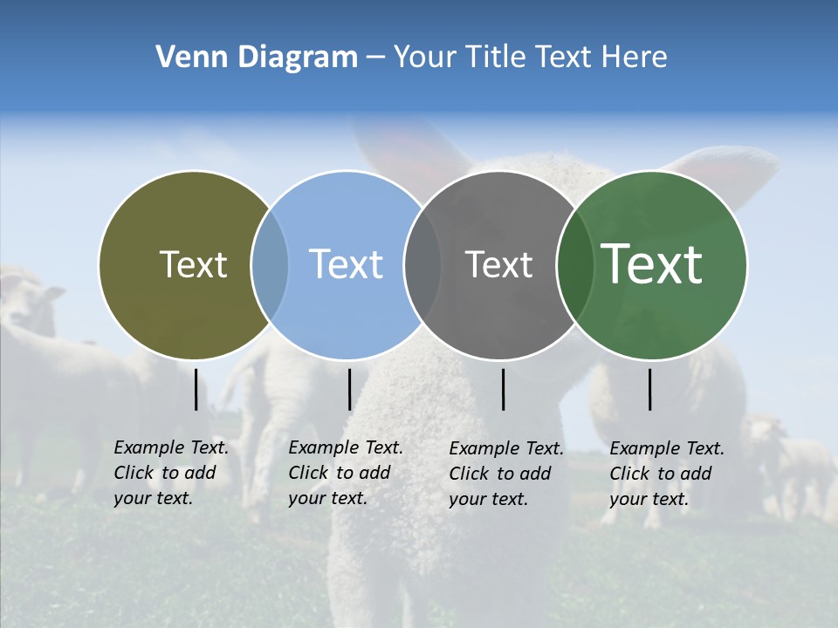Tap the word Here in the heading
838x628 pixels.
coord(634,58)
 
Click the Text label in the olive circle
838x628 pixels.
coord(193,264)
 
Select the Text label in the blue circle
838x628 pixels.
coord(346,264)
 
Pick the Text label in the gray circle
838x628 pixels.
coord(498,264)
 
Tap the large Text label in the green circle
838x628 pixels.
coord(651,264)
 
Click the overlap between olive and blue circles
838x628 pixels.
coord(270,265)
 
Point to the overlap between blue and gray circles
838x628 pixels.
coord(422,265)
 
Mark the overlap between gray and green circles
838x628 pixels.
coord(574,265)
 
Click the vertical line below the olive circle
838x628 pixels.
coord(196,389)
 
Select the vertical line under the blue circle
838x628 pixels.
coord(349,389)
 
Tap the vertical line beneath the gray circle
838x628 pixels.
coord(503,389)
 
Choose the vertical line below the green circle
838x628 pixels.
coord(650,389)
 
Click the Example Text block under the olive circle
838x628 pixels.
coord(170,473)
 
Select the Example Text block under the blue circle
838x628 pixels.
coord(345,473)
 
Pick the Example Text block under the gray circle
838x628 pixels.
coord(505,474)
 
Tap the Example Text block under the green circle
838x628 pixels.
coord(666,474)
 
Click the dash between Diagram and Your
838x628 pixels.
coord(375,58)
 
